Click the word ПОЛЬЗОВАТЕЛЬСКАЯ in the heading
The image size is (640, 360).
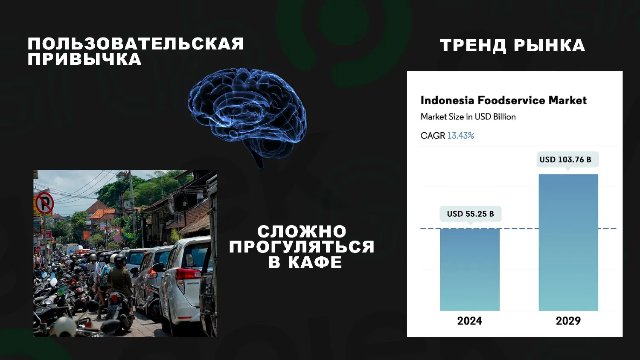(136, 44)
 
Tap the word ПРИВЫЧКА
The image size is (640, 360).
(84, 59)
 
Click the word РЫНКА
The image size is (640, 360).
(550, 46)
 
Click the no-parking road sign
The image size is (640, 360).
(44, 203)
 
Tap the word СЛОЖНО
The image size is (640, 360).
(302, 232)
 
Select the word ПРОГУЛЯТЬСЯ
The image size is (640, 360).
(302, 247)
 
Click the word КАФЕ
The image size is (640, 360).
(315, 262)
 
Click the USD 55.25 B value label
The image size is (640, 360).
(470, 214)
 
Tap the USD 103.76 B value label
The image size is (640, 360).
(565, 160)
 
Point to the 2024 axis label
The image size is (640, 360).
(470, 321)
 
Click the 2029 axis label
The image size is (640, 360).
(568, 321)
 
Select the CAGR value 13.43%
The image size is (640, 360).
(461, 136)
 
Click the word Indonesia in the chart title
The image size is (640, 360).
(447, 100)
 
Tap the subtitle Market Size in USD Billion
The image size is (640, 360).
(468, 117)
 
